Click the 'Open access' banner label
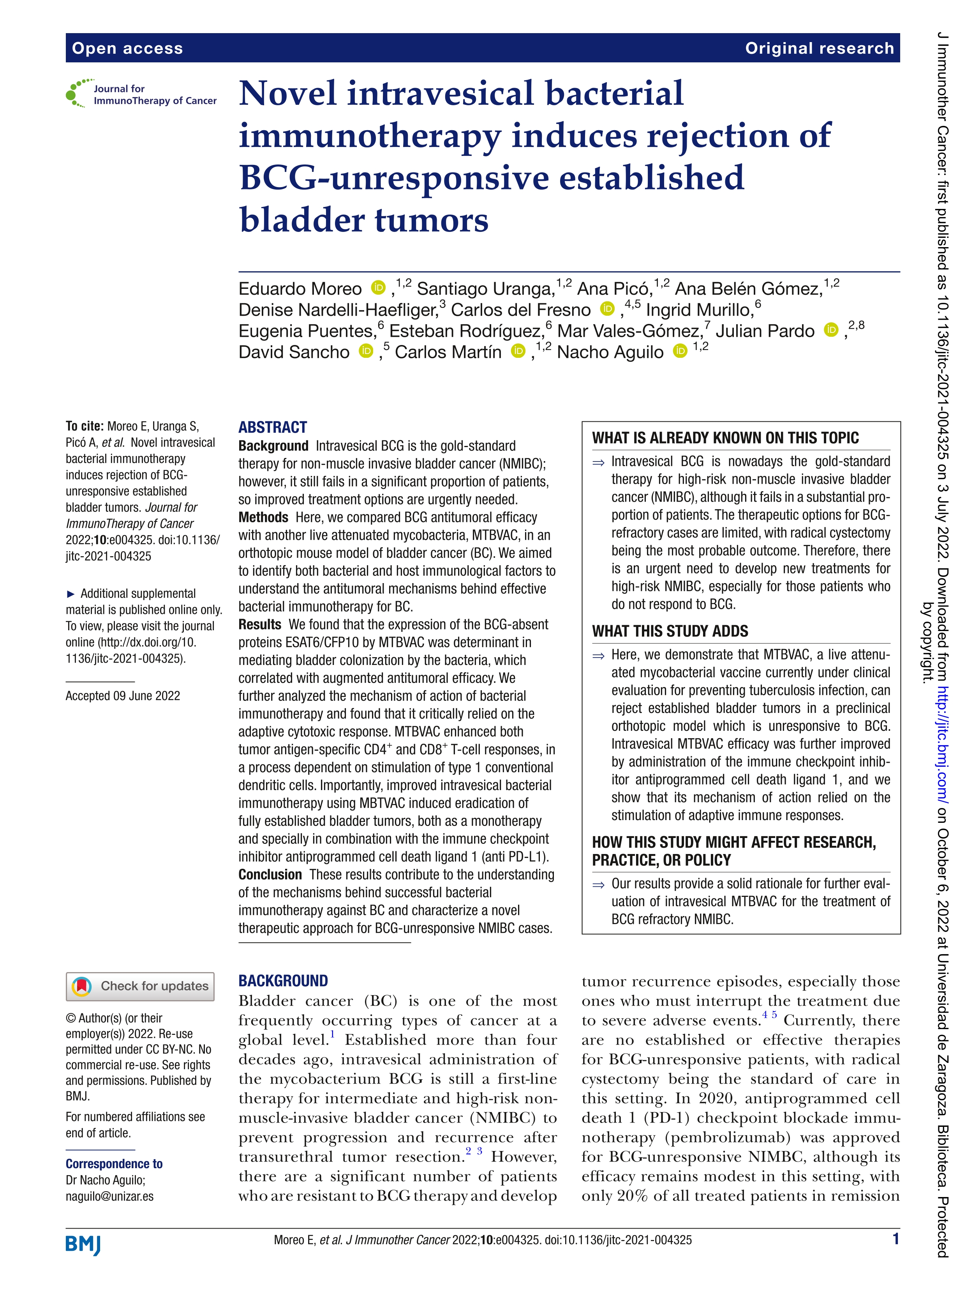click(127, 48)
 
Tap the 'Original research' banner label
click(819, 48)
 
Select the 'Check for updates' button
click(140, 986)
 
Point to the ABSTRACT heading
click(273, 427)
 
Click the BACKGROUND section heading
click(283, 981)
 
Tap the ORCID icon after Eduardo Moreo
click(379, 287)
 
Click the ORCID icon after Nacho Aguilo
click(680, 351)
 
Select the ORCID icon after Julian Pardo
click(831, 330)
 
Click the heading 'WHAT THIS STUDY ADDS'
click(670, 631)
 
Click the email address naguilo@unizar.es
click(109, 1196)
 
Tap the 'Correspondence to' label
click(114, 1164)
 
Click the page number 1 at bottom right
click(895, 1239)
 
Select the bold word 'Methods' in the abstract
click(263, 518)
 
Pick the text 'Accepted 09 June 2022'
click(123, 696)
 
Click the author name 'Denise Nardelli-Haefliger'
click(338, 309)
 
